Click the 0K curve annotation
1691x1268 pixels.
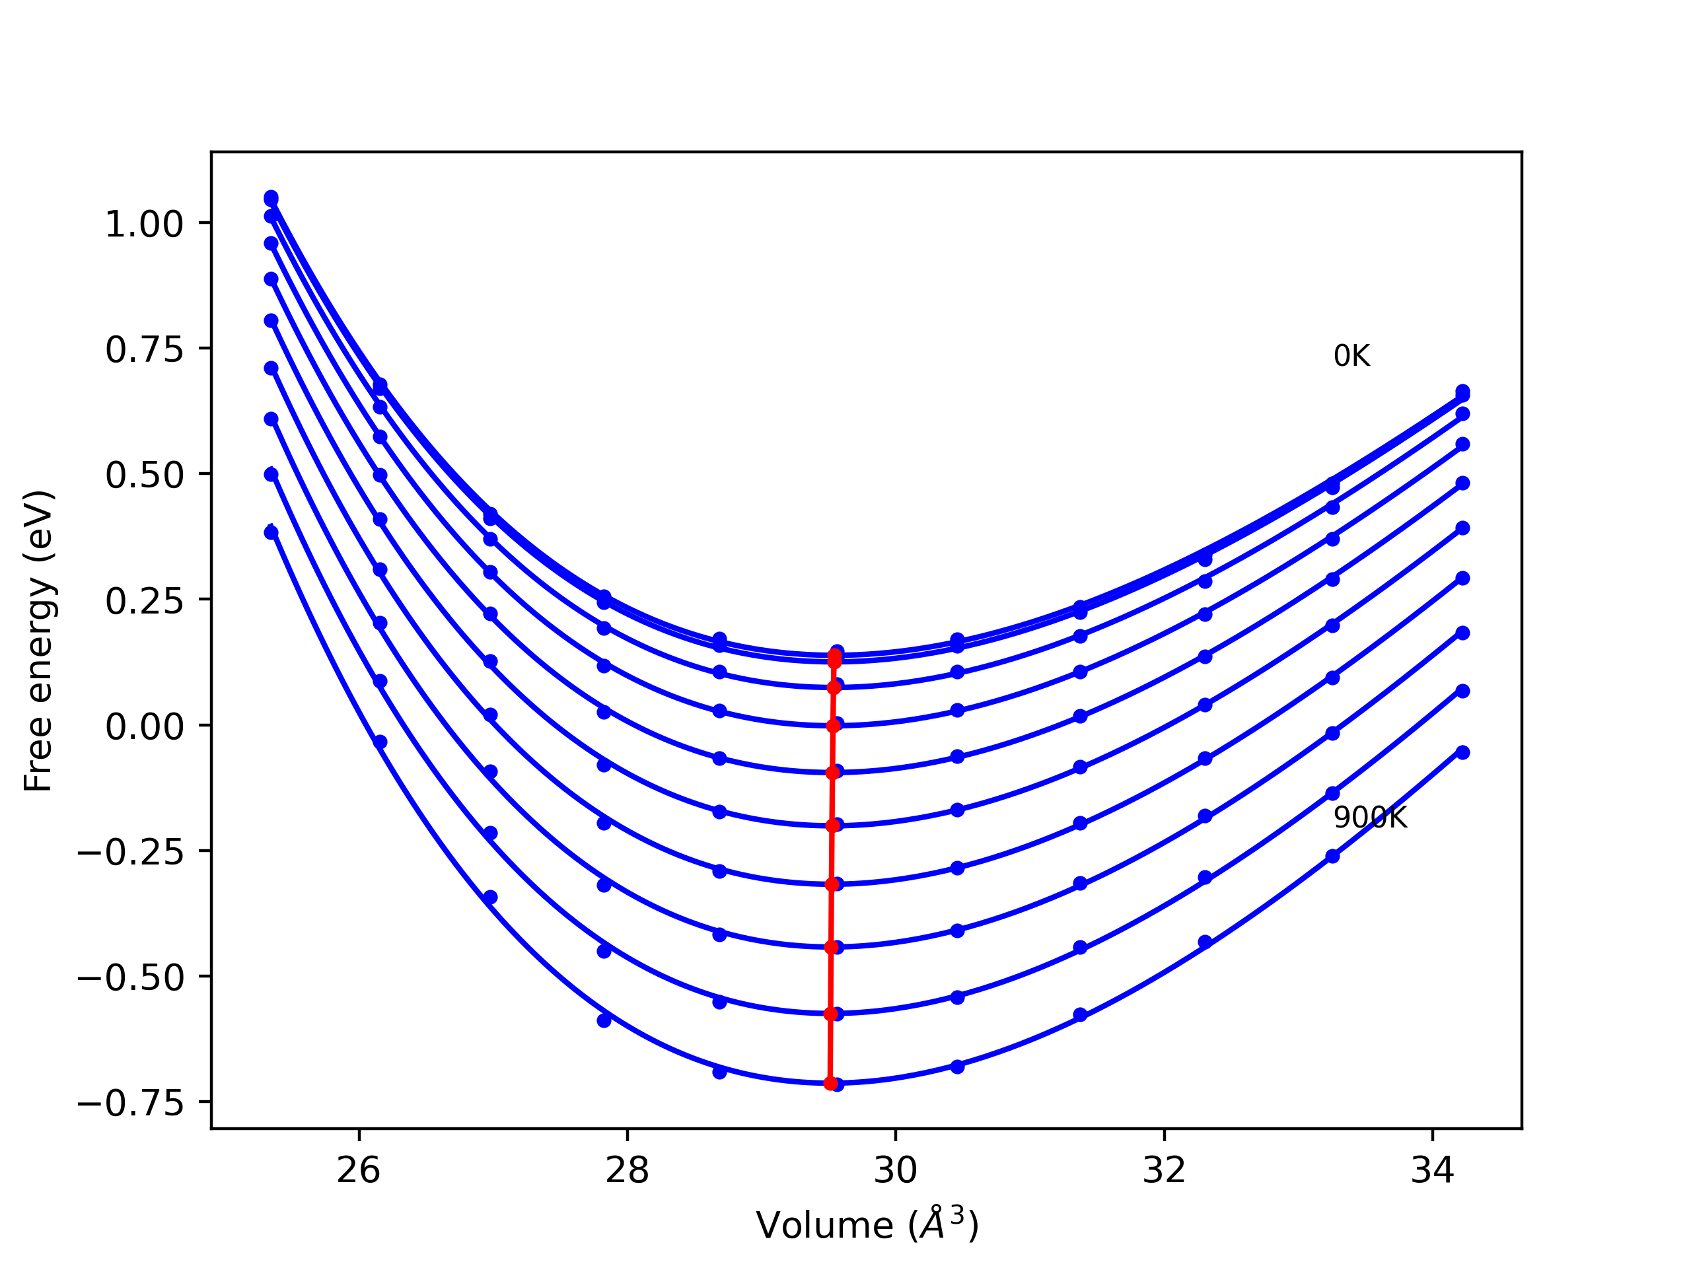pyautogui.click(x=1351, y=357)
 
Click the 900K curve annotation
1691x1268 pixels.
pyautogui.click(x=1370, y=818)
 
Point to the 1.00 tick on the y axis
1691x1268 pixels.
pyautogui.click(x=144, y=225)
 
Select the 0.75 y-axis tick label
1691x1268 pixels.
pyautogui.click(x=144, y=350)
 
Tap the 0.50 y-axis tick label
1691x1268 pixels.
pyautogui.click(x=144, y=475)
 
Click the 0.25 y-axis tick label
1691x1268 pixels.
pyautogui.click(x=144, y=602)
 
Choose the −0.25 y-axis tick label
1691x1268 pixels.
pyautogui.click(x=130, y=852)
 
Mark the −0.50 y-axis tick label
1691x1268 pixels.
pyautogui.click(x=130, y=978)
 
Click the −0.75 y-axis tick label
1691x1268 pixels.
pyautogui.click(x=130, y=1104)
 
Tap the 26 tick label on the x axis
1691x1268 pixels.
pyautogui.click(x=359, y=1171)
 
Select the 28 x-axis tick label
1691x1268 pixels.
pyautogui.click(x=627, y=1171)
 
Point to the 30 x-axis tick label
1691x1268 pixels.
pyautogui.click(x=895, y=1171)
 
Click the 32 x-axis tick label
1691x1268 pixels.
pyautogui.click(x=1163, y=1171)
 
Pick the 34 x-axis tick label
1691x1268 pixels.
pyautogui.click(x=1432, y=1171)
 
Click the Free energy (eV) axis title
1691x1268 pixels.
pyautogui.click(x=38, y=641)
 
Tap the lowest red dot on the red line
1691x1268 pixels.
pyautogui.click(x=830, y=1083)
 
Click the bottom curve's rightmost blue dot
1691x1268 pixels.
pyautogui.click(x=1462, y=753)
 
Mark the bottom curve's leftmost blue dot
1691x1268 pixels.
pyautogui.click(x=271, y=533)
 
